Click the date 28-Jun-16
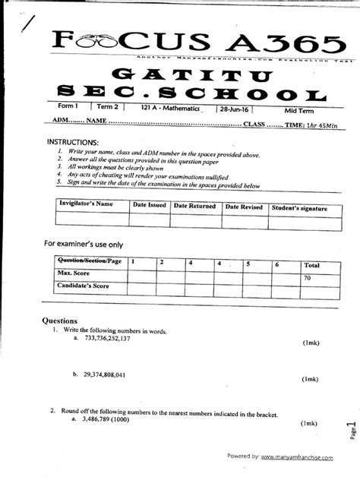(237, 109)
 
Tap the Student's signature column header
(299, 207)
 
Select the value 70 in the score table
(308, 278)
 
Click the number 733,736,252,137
(108, 339)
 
